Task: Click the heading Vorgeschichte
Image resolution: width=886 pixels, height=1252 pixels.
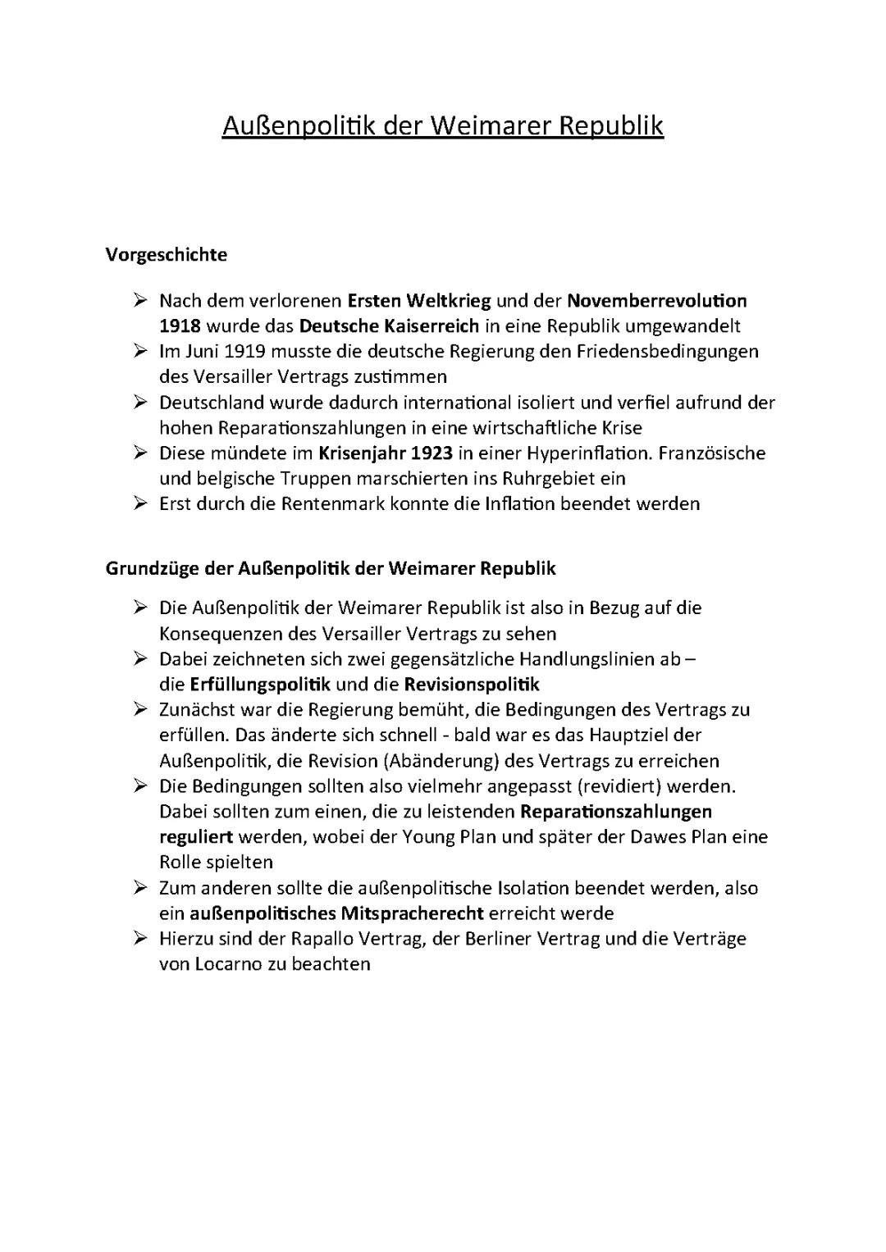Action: pyautogui.click(x=167, y=255)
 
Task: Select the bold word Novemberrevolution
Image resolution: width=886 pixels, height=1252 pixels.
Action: pyautogui.click(x=656, y=301)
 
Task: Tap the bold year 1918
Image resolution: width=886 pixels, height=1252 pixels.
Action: pyautogui.click(x=180, y=326)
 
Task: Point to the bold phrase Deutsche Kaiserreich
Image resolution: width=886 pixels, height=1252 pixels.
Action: pyautogui.click(x=389, y=326)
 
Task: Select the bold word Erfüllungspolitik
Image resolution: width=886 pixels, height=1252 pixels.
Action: pyautogui.click(x=260, y=685)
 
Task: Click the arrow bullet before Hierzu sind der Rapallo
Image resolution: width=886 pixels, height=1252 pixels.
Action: pyautogui.click(x=140, y=938)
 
